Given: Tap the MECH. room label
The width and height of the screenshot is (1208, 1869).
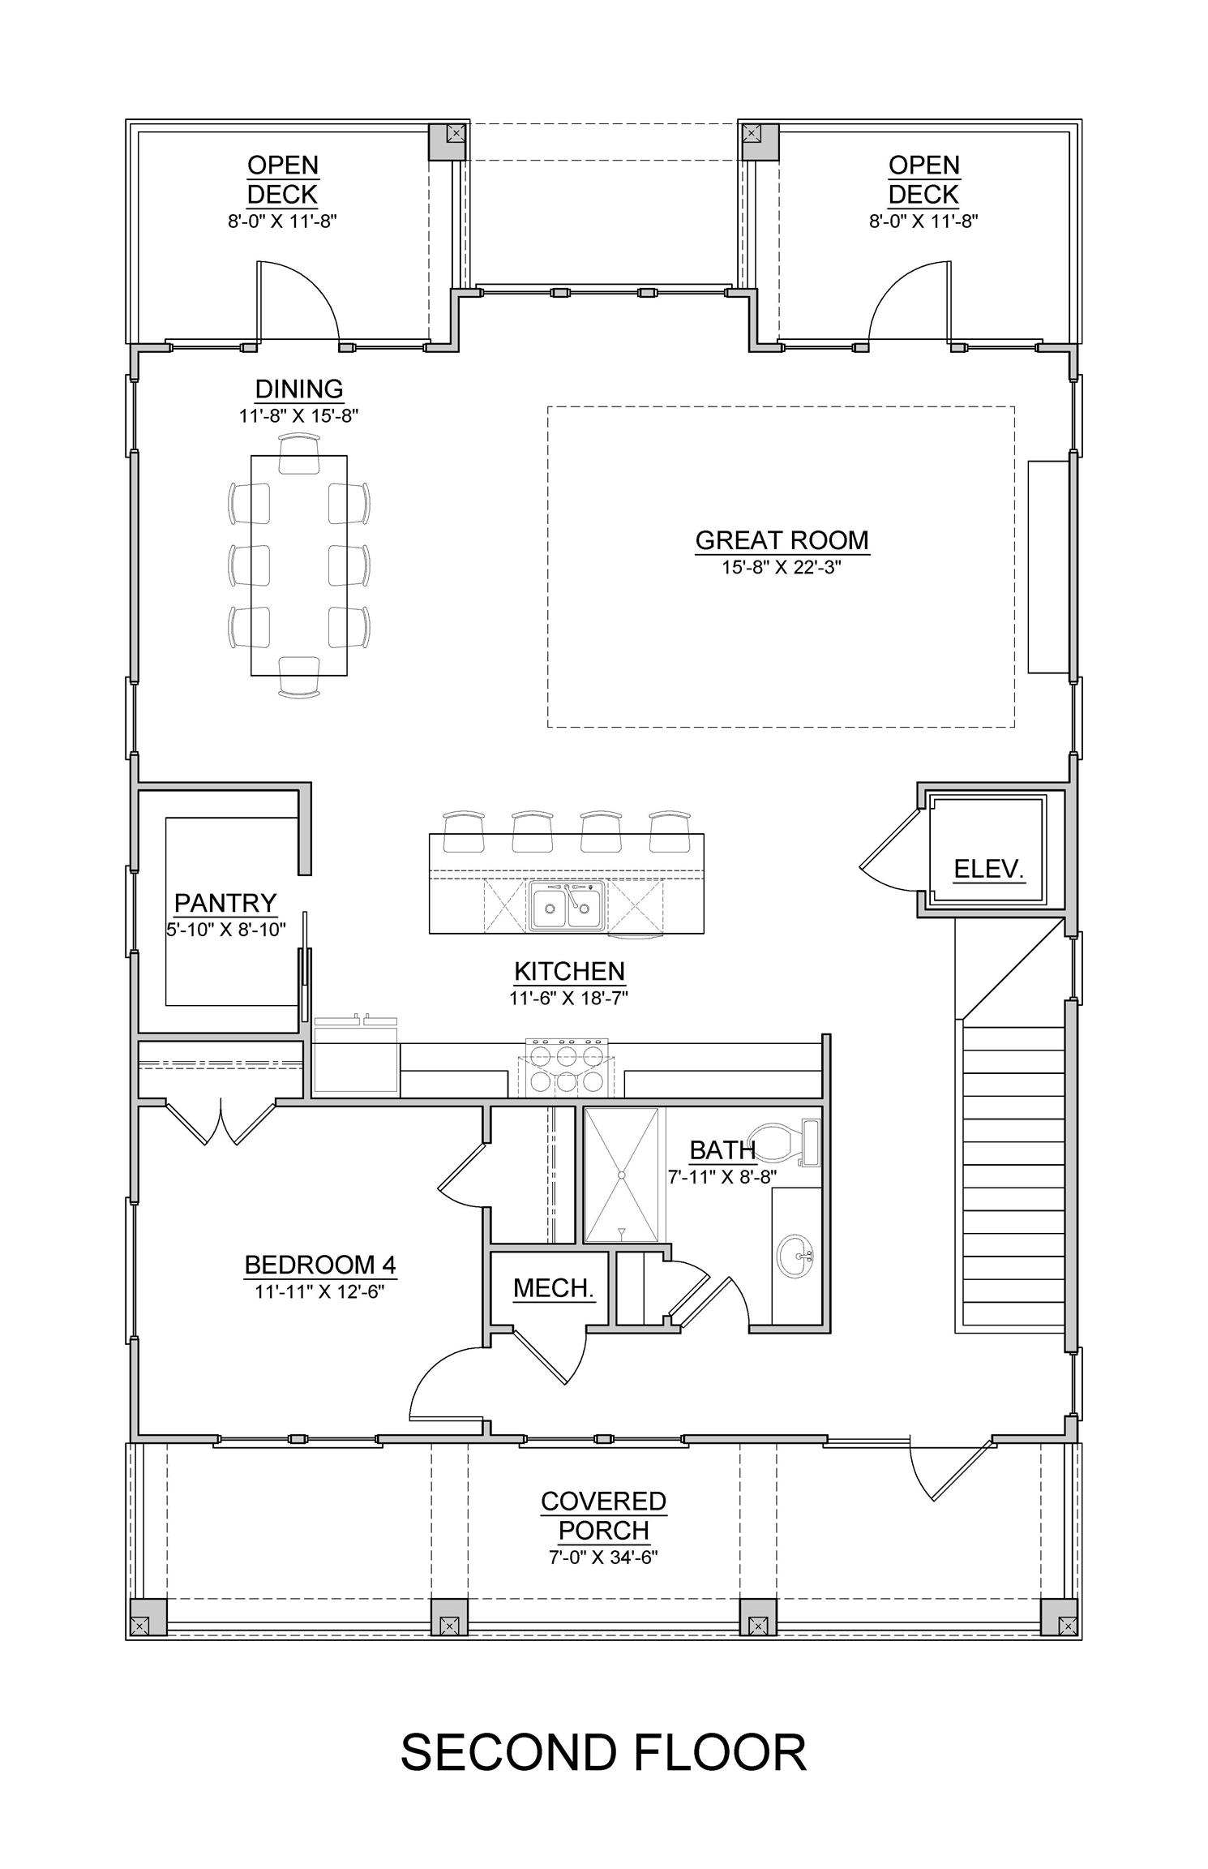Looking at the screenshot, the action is [555, 1287].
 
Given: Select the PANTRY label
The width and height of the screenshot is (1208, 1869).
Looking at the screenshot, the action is [225, 903].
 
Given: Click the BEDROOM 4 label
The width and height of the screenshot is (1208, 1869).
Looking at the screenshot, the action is [319, 1264].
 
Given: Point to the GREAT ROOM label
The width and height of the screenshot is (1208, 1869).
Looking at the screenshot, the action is [782, 540].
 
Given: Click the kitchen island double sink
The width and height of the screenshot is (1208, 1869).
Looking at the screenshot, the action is [568, 906].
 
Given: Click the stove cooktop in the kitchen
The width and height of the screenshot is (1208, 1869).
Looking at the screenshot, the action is [567, 1068].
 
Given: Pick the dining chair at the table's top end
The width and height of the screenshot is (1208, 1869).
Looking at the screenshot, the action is [299, 453].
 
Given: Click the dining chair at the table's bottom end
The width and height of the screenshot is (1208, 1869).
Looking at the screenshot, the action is [299, 677].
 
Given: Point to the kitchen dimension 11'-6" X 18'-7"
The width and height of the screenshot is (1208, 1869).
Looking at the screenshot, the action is [569, 998].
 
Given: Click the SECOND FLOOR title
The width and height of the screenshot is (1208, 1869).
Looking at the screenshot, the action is [604, 1752].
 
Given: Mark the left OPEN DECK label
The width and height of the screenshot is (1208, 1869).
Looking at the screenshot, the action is [282, 180].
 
